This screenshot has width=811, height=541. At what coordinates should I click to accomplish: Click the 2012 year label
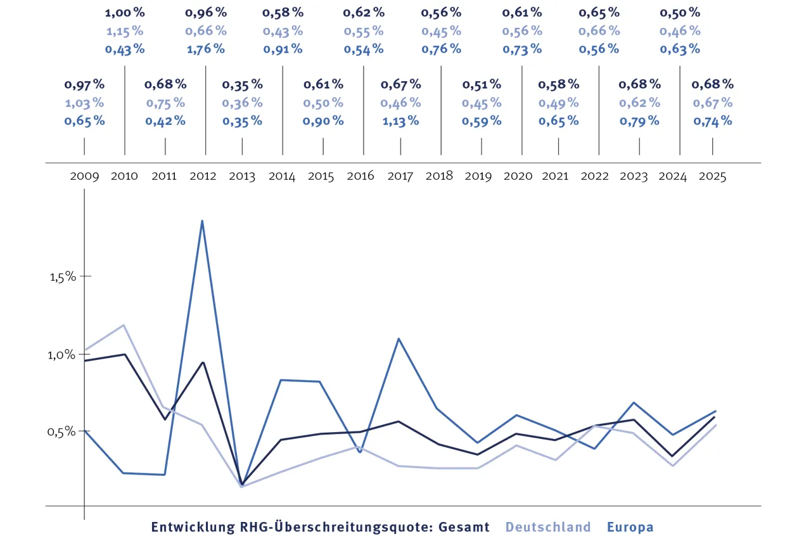point(203,176)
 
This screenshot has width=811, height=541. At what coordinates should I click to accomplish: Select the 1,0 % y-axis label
point(62,355)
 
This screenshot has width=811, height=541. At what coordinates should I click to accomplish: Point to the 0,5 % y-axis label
point(62,431)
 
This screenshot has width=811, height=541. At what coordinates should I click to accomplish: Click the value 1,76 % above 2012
point(205,49)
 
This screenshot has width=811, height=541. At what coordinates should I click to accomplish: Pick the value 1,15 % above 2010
point(124,30)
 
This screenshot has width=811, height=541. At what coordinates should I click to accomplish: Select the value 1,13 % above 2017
point(400,120)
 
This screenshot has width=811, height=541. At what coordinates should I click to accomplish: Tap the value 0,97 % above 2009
point(84,84)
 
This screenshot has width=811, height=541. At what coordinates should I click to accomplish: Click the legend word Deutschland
point(548,526)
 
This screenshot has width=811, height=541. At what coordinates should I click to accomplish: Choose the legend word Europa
point(630,526)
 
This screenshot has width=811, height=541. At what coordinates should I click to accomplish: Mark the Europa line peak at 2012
point(202,221)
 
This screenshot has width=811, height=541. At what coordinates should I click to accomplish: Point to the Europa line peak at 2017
point(399,339)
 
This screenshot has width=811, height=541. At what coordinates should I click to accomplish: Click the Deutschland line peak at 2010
point(124,325)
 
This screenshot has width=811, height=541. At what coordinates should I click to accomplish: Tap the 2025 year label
point(712,176)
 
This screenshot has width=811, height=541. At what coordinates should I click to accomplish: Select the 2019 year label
point(478,176)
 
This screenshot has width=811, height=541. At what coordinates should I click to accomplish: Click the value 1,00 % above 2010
point(124,12)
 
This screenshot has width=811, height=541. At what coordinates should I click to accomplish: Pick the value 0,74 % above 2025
point(712,120)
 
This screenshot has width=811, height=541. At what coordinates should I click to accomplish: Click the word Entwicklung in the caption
point(188,526)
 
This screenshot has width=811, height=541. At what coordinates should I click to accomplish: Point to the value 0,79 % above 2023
point(639,120)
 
